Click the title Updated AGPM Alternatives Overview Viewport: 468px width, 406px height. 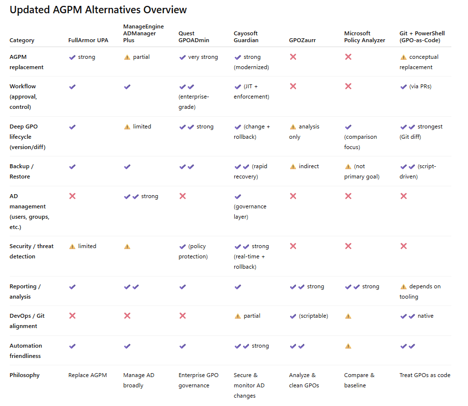tap(98, 10)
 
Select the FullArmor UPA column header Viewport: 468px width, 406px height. tap(88, 40)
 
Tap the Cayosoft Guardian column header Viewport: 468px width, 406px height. tap(246, 37)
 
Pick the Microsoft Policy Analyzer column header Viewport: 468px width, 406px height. tap(365, 37)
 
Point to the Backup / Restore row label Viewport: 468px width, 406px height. tap(22, 171)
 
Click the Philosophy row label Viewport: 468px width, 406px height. tap(25, 375)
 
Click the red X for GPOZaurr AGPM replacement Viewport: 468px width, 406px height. tap(293, 57)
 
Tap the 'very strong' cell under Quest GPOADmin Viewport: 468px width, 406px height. tap(198, 57)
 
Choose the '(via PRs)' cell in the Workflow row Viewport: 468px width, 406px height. tap(416, 86)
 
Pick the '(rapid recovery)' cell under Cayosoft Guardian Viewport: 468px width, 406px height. tap(250, 171)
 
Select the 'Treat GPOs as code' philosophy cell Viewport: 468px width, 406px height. tap(424, 375)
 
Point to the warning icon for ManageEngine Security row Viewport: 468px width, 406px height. tap(127, 247)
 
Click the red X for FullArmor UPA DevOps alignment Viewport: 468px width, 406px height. tap(72, 316)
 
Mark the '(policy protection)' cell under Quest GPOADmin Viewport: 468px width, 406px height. tap(194, 251)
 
